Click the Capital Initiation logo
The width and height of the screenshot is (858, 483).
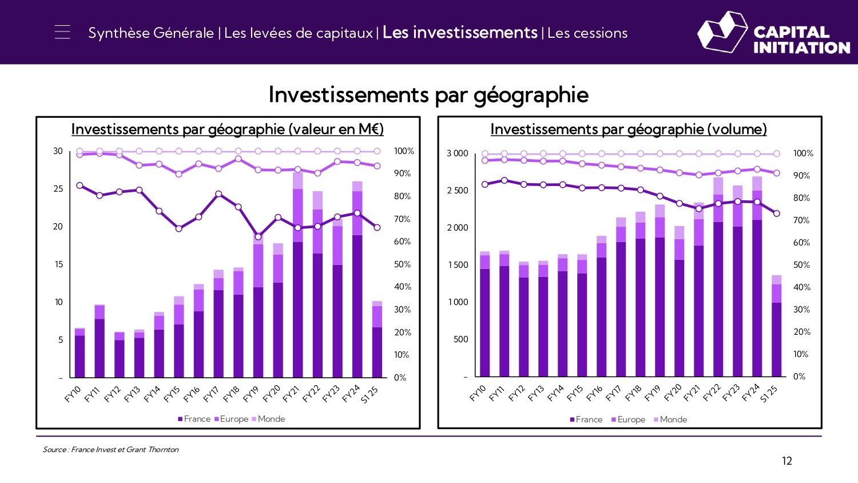pyautogui.click(x=773, y=33)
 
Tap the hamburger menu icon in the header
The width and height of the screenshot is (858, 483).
pyautogui.click(x=62, y=32)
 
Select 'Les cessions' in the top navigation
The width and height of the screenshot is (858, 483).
pyautogui.click(x=587, y=33)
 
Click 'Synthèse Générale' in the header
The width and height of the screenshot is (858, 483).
pyautogui.click(x=151, y=33)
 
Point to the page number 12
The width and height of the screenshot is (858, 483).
pyautogui.click(x=787, y=461)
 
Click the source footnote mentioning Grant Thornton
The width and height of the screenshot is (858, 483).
pyautogui.click(x=110, y=449)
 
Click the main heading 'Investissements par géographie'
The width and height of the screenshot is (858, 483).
pyautogui.click(x=428, y=94)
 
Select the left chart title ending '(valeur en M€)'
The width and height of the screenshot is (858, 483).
pyautogui.click(x=227, y=129)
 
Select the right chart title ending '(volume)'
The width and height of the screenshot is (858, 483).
pyautogui.click(x=628, y=129)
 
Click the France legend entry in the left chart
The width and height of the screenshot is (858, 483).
pyautogui.click(x=194, y=419)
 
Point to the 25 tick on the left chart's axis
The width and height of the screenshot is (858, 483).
pyautogui.click(x=58, y=189)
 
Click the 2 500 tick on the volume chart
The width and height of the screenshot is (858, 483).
pyautogui.click(x=457, y=191)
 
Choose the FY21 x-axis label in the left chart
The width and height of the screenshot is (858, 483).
pyautogui.click(x=291, y=394)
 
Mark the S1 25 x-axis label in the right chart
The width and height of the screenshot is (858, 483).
pyautogui.click(x=769, y=394)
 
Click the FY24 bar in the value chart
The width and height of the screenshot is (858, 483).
pyautogui.click(x=357, y=286)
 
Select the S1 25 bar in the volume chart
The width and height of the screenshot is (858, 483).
pyautogui.click(x=776, y=332)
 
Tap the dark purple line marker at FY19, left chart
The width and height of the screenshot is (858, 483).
pyautogui.click(x=258, y=237)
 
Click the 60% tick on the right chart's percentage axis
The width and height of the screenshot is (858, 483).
pyautogui.click(x=801, y=243)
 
